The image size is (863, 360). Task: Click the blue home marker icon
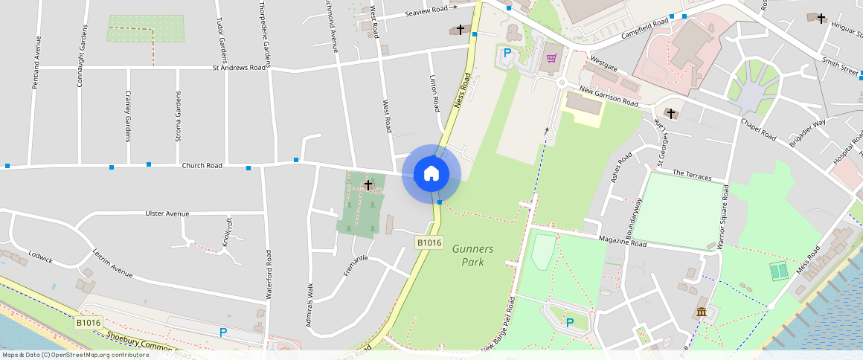coord(431,174)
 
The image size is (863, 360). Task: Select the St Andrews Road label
coord(239,67)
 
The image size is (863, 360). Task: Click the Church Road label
coord(202,165)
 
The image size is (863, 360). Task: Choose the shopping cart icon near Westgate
coord(552,57)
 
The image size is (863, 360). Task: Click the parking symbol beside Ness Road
coord(507,53)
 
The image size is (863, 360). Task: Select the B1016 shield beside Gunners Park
coord(429,242)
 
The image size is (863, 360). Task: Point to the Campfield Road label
coord(646,29)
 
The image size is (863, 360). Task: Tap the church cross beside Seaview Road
coord(461,30)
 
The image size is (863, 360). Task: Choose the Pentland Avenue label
coord(34,66)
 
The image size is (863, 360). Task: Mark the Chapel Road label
coord(758,129)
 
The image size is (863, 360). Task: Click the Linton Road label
coord(435,93)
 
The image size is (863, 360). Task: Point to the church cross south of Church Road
coord(368,184)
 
